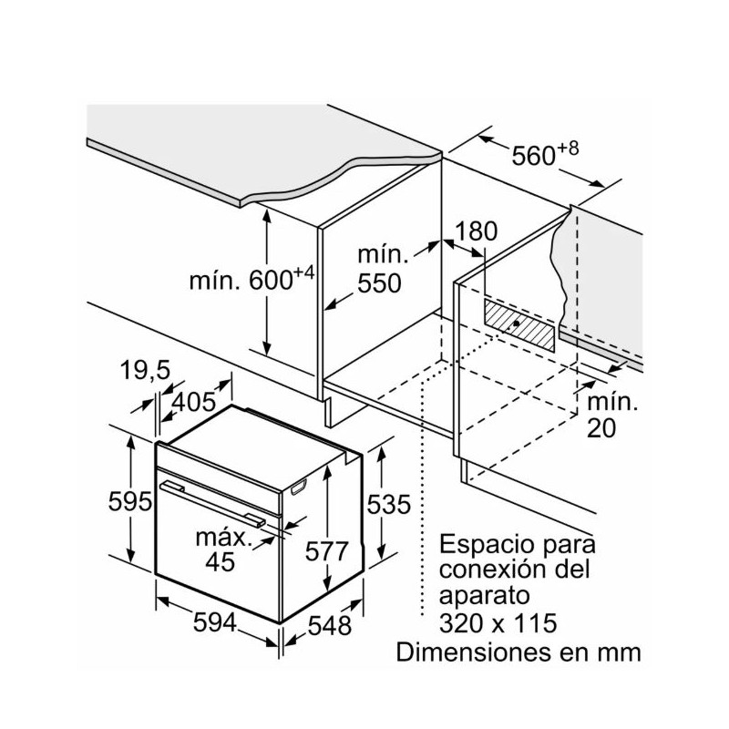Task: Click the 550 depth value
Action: (378, 282)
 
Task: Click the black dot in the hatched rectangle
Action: (517, 323)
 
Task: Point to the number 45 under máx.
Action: (219, 561)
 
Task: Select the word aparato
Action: (484, 598)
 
